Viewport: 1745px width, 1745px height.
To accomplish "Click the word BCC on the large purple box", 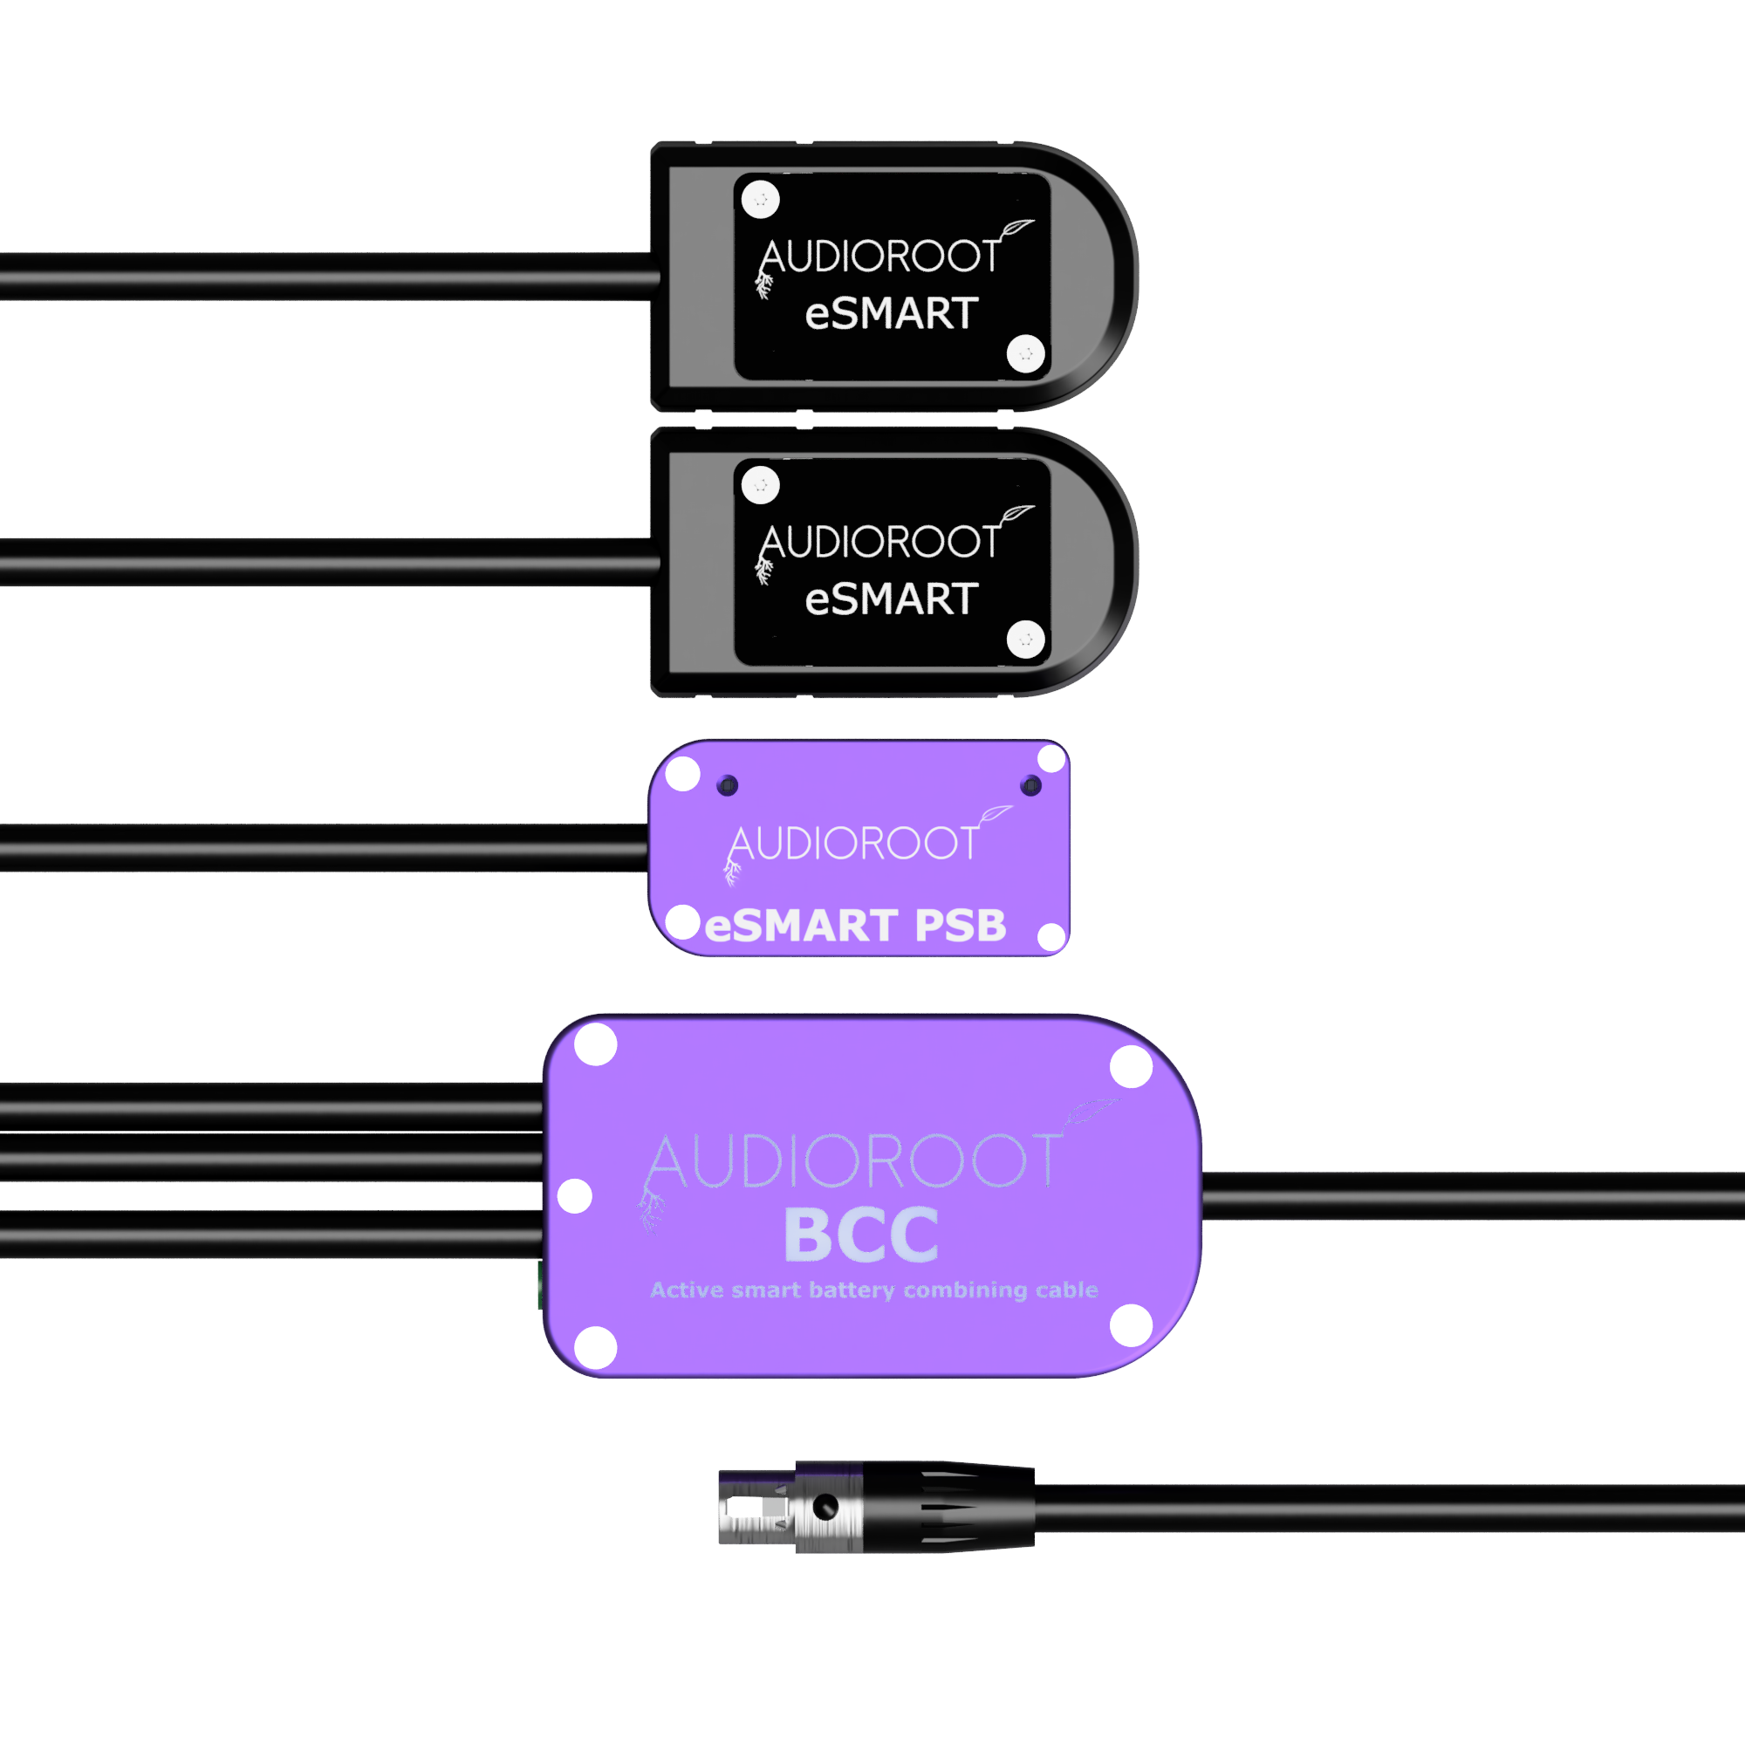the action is tap(861, 1234).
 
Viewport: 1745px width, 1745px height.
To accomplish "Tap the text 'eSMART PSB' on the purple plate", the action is tap(854, 926).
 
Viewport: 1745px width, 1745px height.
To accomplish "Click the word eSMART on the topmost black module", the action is tap(892, 313).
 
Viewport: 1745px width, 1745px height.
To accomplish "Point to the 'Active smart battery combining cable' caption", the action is tap(873, 1290).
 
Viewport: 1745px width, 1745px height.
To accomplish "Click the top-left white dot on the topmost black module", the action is tap(761, 200).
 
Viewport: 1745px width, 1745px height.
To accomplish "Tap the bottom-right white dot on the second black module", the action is tap(1026, 640).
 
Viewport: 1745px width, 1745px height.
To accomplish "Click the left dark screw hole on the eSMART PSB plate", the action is tap(727, 785).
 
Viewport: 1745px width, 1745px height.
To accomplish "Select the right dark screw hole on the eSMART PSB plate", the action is tap(1030, 785).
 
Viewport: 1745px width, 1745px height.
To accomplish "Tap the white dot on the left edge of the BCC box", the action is tap(574, 1196).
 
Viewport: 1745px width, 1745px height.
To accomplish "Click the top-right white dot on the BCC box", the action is tap(1131, 1067).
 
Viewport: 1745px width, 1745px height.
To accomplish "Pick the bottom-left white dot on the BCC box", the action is tap(596, 1348).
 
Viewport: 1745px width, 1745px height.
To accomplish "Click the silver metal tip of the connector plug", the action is tap(756, 1507).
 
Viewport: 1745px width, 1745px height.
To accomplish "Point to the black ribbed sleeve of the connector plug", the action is tap(948, 1507).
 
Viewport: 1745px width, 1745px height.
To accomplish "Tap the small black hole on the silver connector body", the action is tap(825, 1507).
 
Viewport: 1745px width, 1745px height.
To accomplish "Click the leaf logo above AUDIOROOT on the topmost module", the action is tap(1016, 229).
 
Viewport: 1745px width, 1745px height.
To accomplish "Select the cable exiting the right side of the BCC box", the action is tap(1473, 1196).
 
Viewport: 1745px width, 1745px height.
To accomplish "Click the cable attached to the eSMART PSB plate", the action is tap(325, 847).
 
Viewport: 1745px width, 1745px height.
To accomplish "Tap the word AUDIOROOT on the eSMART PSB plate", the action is tap(853, 843).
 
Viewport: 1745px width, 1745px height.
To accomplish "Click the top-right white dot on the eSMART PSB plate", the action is tap(1051, 759).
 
